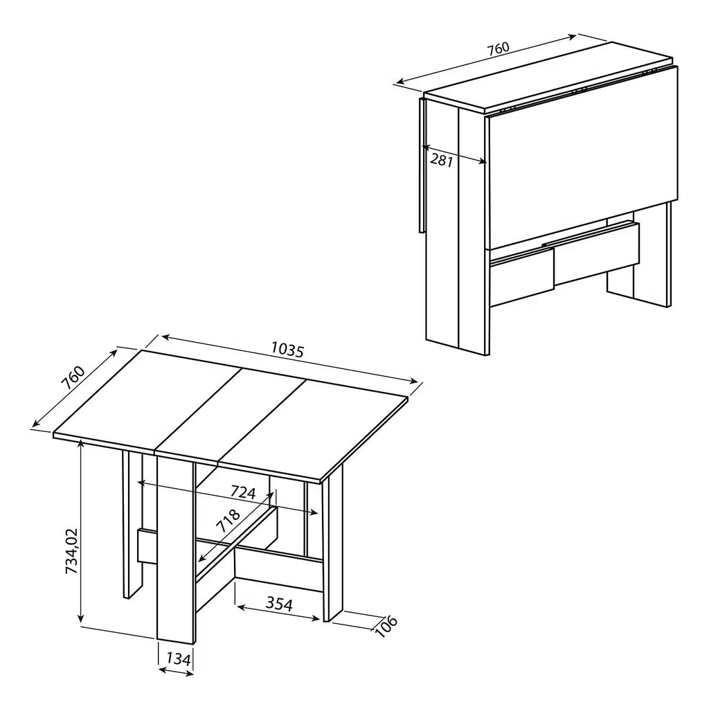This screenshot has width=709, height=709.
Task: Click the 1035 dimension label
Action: pyautogui.click(x=287, y=350)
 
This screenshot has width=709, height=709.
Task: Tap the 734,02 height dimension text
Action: pyautogui.click(x=72, y=551)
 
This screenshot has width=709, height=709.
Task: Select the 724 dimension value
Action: pyautogui.click(x=243, y=492)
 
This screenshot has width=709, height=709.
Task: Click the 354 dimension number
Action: pyautogui.click(x=279, y=603)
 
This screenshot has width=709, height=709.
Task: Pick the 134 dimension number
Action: pyautogui.click(x=178, y=659)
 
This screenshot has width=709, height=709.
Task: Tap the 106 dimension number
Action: pyautogui.click(x=385, y=626)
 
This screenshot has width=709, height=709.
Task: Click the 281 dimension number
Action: pyautogui.click(x=441, y=160)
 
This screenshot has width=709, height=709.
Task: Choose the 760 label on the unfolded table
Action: pyautogui.click(x=73, y=377)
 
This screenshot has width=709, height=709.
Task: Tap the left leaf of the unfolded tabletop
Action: pyautogui.click(x=147, y=400)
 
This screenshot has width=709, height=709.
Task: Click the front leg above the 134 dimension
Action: pyautogui.click(x=175, y=549)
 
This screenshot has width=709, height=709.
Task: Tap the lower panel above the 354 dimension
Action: pyautogui.click(x=278, y=567)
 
